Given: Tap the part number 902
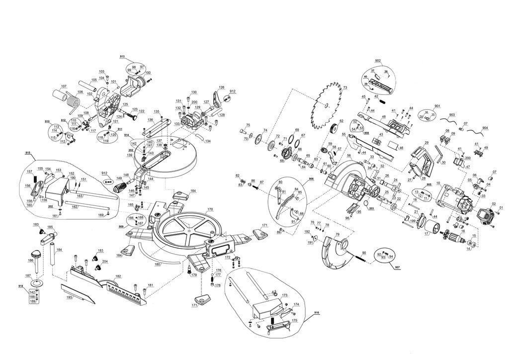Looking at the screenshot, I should pyautogui.click(x=378, y=61).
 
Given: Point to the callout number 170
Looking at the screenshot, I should pyautogui.click(x=210, y=209).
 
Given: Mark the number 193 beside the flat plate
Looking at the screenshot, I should pyautogui.click(x=69, y=297).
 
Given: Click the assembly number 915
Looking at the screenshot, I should pyautogui.click(x=27, y=153).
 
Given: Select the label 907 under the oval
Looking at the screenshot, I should pyautogui.click(x=397, y=268).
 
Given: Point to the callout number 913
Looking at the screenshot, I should pyautogui.click(x=122, y=57).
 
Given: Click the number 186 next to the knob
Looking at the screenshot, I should pyautogui.click(x=31, y=260).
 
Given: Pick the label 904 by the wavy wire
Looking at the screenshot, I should pyautogui.click(x=485, y=128).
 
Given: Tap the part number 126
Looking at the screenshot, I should pyautogui.click(x=222, y=88).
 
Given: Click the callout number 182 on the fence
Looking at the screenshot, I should pyautogui.click(x=118, y=276).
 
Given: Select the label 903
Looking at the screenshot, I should pyautogui.click(x=451, y=115).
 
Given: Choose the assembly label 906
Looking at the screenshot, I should pyautogui.click(x=311, y=178).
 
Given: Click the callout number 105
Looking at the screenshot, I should pyautogui.click(x=93, y=80).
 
